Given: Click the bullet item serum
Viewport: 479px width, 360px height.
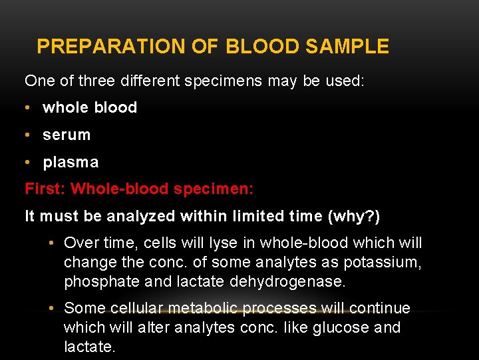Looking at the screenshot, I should pos(66,135).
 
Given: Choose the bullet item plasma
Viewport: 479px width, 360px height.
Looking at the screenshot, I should pos(70,162).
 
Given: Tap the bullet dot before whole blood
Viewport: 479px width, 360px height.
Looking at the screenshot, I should pos(29,107).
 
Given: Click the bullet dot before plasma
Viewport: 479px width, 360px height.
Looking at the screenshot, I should pos(29,162).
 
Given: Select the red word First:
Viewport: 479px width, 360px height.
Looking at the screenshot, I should pos(45,189).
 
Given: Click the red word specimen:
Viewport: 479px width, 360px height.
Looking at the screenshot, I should pos(214,189).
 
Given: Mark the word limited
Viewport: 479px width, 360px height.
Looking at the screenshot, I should pos(252,216).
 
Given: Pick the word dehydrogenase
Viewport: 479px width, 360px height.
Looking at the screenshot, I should pos(287,282).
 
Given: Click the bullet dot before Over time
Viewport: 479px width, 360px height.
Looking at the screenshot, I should pos(51,243).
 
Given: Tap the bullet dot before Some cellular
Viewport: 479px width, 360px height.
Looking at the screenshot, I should pos(51,308).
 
